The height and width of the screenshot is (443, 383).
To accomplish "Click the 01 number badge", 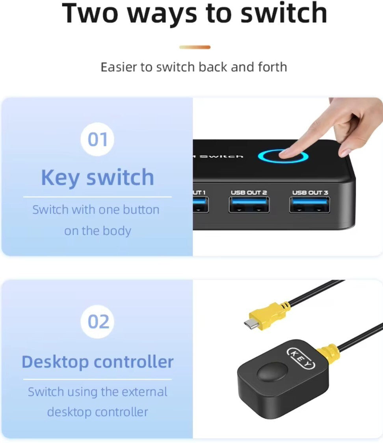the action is point(97,139).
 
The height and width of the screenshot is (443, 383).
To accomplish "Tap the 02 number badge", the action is point(97,321).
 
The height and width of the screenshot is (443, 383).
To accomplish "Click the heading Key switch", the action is point(97,178).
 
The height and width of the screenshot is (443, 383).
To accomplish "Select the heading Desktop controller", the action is point(97,361).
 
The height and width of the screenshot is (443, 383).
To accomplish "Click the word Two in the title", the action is point(89,13).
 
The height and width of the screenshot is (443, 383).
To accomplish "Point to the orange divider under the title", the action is point(195,47).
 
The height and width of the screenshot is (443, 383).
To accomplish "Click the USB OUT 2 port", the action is point(249,204).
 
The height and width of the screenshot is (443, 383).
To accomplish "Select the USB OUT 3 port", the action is point(309,204).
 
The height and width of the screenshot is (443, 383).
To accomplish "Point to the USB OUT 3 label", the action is point(310,193).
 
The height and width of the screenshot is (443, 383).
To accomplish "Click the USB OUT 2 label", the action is point(249,193).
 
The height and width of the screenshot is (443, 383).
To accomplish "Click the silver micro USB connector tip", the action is point(251,324).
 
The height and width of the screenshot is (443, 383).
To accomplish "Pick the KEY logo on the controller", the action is point(301,358).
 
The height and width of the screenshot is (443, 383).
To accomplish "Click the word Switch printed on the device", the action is point(221,156).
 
